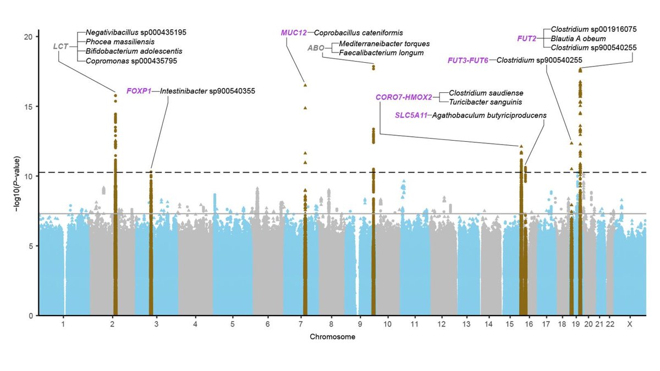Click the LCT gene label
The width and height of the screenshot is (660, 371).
pyautogui.click(x=61, y=47)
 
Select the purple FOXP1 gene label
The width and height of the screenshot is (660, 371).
pyautogui.click(x=139, y=91)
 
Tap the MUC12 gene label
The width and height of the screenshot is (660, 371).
pyautogui.click(x=294, y=33)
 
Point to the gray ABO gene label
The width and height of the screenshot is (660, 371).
pyautogui.click(x=316, y=48)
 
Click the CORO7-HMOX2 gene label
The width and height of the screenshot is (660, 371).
pyautogui.click(x=404, y=97)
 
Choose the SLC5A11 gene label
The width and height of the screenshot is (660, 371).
pyautogui.click(x=411, y=115)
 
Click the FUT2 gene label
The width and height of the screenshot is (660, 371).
pyautogui.click(x=527, y=38)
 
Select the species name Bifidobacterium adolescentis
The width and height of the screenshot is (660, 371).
pyautogui.click(x=134, y=51)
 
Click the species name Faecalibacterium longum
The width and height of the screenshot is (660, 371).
pyautogui.click(x=382, y=53)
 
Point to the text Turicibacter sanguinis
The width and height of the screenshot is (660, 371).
pyautogui.click(x=486, y=102)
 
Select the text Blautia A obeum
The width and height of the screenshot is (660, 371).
pyautogui.click(x=575, y=38)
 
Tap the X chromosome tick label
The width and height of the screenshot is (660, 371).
pyautogui.click(x=630, y=325)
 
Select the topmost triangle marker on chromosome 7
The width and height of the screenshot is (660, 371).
pyautogui.click(x=305, y=85)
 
